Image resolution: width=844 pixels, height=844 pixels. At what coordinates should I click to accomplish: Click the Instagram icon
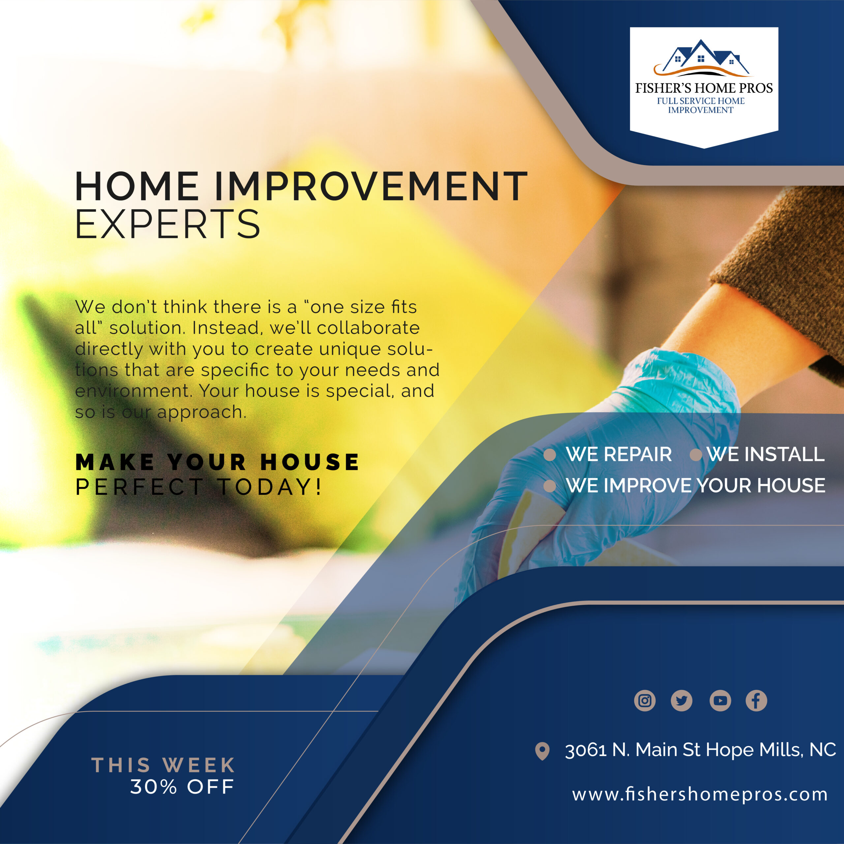click(x=645, y=701)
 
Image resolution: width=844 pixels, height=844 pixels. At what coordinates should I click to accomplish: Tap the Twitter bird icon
click(x=681, y=701)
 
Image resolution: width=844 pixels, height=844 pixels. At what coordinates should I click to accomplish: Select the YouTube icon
click(x=720, y=701)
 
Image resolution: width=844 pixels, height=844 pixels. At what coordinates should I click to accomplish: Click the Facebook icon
click(x=756, y=701)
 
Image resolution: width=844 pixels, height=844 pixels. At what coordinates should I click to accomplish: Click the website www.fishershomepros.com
click(x=700, y=794)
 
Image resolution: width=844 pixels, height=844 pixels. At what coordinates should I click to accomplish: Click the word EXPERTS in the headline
click(x=168, y=224)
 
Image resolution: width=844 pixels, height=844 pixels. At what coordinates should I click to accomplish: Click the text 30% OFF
click(x=183, y=787)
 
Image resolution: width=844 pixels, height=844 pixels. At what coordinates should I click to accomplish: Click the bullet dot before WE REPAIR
click(x=550, y=455)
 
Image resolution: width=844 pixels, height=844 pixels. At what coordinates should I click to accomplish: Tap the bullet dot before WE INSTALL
click(x=695, y=455)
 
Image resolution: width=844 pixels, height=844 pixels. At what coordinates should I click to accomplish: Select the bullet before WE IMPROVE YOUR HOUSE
click(x=550, y=486)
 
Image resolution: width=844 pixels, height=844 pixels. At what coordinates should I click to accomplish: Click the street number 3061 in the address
click(x=586, y=750)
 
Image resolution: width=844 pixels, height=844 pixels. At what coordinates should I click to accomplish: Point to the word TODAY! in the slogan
click(x=270, y=487)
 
